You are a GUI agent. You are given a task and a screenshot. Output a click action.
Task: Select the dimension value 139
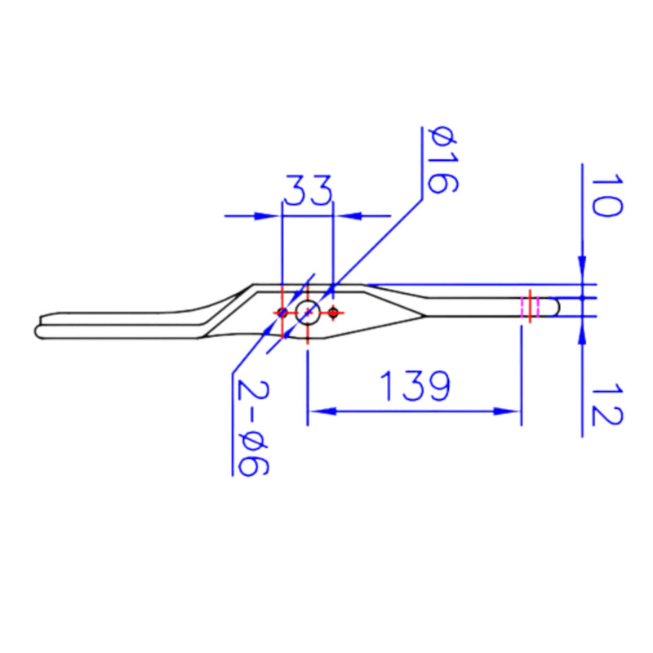pyautogui.click(x=414, y=387)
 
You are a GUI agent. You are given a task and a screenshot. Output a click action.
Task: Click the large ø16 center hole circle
pyautogui.click(x=308, y=312)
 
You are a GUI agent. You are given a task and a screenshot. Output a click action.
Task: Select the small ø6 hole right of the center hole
pyautogui.click(x=333, y=312)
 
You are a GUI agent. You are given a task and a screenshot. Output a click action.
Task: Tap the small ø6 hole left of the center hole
pyautogui.click(x=282, y=312)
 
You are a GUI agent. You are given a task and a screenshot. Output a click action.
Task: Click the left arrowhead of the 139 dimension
pyautogui.click(x=319, y=411)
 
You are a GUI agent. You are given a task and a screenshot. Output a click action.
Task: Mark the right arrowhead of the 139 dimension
pyautogui.click(x=509, y=411)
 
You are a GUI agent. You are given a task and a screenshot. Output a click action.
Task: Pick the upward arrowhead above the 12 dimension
pyautogui.click(x=582, y=331)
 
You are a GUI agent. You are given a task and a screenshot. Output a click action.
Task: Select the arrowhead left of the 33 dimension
pyautogui.click(x=265, y=216)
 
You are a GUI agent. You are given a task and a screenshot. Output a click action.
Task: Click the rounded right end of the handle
pyautogui.click(x=556, y=307)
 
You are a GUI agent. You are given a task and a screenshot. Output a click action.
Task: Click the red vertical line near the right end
pyautogui.click(x=531, y=306)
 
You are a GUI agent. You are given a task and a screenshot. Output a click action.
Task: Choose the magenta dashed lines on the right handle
pyautogui.click(x=523, y=307)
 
